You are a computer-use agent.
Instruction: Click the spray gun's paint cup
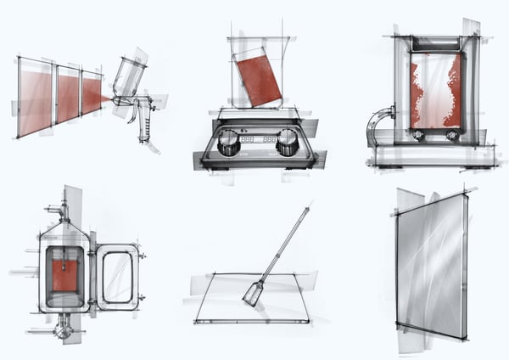[x=129, y=76]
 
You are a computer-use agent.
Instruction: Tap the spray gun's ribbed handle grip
[x=144, y=127]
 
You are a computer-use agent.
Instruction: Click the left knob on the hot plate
[x=229, y=143]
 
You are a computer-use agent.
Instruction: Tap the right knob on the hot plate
[x=288, y=142]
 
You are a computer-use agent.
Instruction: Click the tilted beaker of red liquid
[x=258, y=77]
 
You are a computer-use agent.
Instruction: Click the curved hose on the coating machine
[x=376, y=123]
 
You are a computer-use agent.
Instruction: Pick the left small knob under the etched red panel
[x=418, y=134]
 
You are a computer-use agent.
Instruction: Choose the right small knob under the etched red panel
[x=451, y=134]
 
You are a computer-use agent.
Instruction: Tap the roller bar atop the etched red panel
[x=434, y=42]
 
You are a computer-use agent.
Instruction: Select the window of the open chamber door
[x=117, y=277]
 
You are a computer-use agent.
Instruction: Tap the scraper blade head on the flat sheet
[x=253, y=294]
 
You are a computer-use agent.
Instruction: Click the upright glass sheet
[x=431, y=263]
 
